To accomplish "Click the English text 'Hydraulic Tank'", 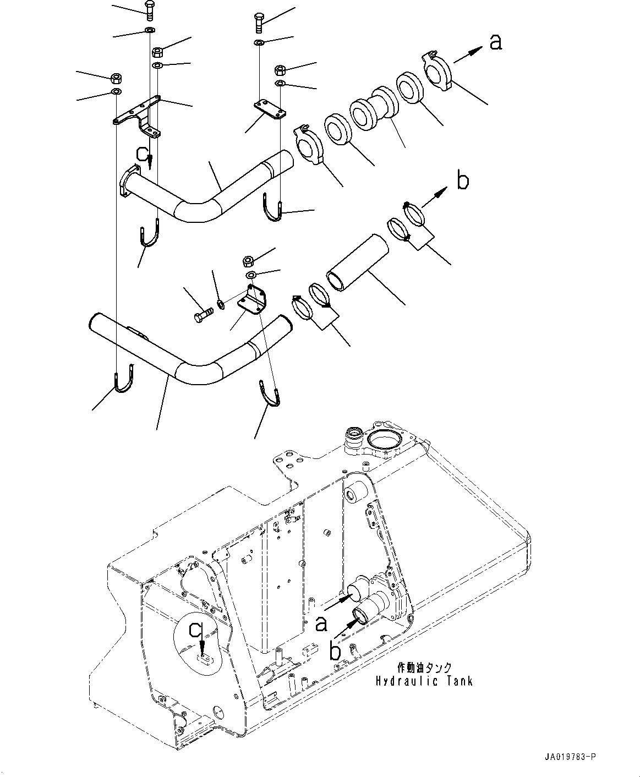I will click(424, 681).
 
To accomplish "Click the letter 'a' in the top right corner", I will click(496, 42).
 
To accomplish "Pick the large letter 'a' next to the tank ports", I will click(321, 623).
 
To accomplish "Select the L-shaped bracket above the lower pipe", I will click(253, 300).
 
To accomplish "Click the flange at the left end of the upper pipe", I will click(126, 182).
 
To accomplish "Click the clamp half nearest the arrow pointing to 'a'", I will click(437, 69).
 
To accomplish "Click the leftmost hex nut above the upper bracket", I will click(116, 77).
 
